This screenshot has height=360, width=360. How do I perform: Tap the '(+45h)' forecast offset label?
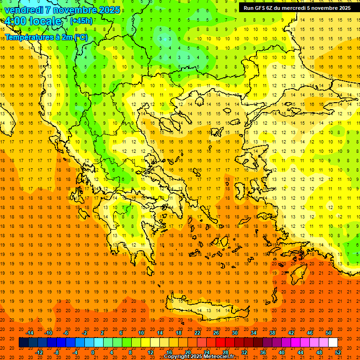pos(81,21)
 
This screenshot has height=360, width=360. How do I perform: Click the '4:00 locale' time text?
pos(33,22)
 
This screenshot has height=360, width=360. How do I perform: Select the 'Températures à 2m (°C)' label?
pos(46,37)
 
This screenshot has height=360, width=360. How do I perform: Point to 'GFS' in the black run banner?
pos(261,8)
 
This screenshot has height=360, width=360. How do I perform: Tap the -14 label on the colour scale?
pos(30,333)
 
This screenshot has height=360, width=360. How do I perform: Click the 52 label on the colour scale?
pos(338,352)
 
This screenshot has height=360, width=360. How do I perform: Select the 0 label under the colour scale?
pos(93,352)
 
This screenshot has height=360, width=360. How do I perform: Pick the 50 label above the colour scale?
pos(329,333)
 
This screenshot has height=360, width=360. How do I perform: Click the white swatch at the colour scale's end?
pos(333,343)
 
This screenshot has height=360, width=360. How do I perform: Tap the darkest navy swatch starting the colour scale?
pos(23,343)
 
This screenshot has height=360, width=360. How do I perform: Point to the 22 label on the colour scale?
pos(197,333)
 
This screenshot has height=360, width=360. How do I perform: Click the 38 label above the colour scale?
pos(272,333)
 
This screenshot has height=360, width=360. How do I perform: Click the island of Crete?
pos(206,309)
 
